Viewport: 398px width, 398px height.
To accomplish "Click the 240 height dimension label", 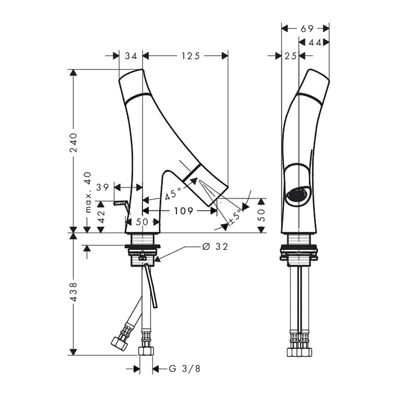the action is point(74,143).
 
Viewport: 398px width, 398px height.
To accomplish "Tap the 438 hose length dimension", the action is point(74,292).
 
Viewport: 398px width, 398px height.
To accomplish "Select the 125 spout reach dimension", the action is point(190,56).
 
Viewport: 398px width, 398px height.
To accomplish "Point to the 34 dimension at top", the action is point(131,56).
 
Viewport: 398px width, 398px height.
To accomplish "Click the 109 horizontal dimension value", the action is point(184,210).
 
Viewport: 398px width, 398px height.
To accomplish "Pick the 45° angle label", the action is point(173,194).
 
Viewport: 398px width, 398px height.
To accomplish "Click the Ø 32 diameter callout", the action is point(215,246).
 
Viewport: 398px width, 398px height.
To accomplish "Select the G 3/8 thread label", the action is point(184,368).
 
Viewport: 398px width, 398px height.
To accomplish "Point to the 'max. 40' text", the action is point(88,192).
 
